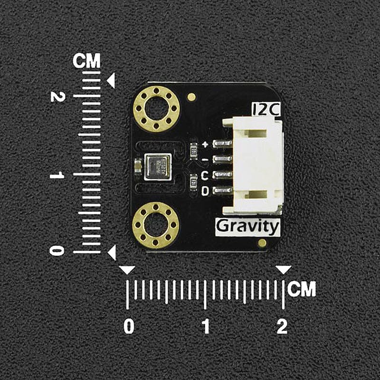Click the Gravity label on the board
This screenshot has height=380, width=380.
(x=247, y=227)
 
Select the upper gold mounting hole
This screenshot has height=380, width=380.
(x=156, y=109)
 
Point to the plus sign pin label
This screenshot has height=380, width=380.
(x=205, y=144)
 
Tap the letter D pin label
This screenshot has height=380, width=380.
(x=205, y=191)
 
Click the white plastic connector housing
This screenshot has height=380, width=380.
(x=256, y=166)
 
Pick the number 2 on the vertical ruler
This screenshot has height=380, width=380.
(x=58, y=96)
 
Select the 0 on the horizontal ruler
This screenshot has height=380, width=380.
(x=129, y=326)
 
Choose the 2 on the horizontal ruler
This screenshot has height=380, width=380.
(x=282, y=326)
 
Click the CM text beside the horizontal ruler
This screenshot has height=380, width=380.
(x=302, y=289)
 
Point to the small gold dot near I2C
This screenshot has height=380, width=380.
(x=192, y=97)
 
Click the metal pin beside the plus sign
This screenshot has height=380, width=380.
(x=222, y=143)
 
